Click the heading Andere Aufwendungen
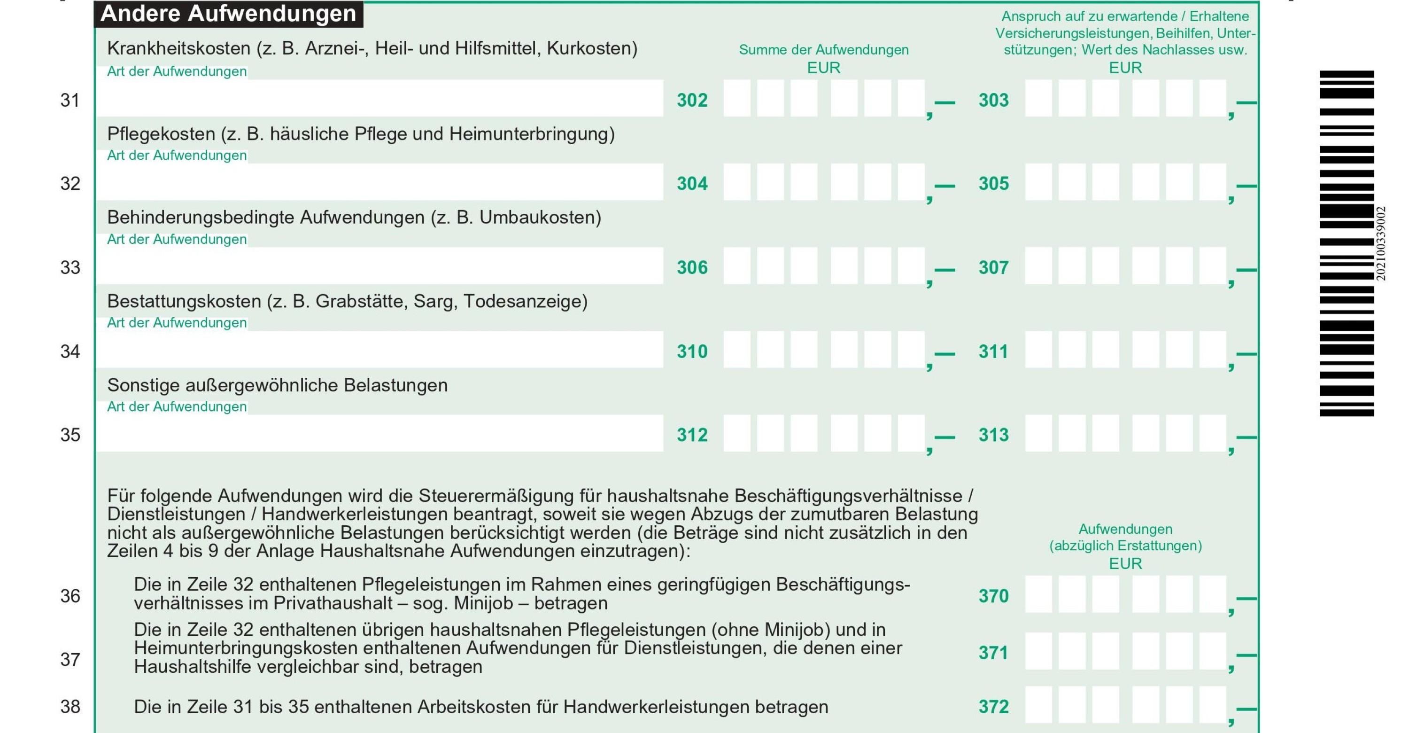[x=228, y=14]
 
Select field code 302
[x=692, y=100]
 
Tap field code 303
[x=993, y=100]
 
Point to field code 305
[x=993, y=184]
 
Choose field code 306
[x=692, y=267]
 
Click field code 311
[x=993, y=351]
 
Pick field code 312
[x=692, y=435]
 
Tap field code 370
[x=993, y=596]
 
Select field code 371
[x=993, y=653]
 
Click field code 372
[x=993, y=707]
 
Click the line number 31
[x=70, y=101]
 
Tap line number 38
[x=70, y=707]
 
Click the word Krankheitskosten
[x=178, y=49]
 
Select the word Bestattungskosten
[x=184, y=301]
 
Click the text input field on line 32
[x=380, y=182]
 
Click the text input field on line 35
[x=380, y=433]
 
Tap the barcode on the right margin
[x=1346, y=243]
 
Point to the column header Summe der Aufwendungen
[x=823, y=50]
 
